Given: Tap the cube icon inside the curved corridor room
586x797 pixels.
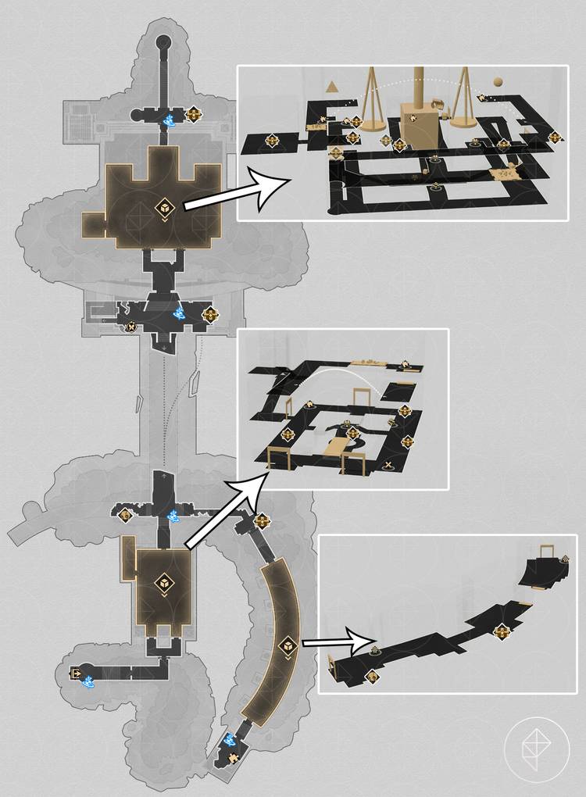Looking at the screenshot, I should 287,646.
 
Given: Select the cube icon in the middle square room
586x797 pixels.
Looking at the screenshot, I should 164,583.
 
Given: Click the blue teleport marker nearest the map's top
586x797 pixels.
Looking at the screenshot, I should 169,120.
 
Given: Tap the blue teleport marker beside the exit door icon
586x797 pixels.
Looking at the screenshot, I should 89,681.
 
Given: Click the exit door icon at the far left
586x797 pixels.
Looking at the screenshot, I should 77,673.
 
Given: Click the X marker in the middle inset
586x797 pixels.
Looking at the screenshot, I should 388,466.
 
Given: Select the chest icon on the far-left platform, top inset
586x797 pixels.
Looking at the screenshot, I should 273,141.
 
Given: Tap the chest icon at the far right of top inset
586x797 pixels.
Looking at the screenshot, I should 556,138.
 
